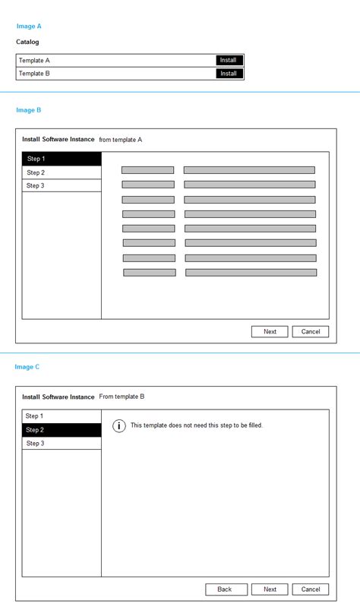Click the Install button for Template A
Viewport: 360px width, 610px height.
[229, 60]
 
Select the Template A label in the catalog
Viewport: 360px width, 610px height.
[35, 60]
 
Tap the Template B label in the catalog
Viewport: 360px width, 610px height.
[35, 74]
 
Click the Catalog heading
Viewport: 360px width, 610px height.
[27, 42]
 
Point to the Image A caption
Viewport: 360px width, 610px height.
[29, 26]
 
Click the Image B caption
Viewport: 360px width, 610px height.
[29, 110]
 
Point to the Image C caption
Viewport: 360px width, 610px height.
[27, 367]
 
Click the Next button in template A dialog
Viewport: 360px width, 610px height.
[270, 331]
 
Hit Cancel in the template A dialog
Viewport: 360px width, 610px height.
[311, 331]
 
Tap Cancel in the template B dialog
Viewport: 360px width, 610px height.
[311, 589]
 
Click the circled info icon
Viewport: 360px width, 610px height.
[119, 425]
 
